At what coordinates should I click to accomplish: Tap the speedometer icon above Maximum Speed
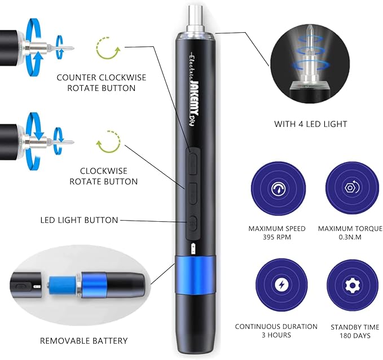[277, 188]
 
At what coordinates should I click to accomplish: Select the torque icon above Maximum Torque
[350, 188]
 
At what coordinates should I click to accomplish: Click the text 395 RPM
[277, 238]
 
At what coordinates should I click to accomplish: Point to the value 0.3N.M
[350, 238]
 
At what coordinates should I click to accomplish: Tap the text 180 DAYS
[350, 335]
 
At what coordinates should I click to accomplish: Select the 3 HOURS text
[276, 335]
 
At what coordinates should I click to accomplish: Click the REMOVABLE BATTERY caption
[84, 341]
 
